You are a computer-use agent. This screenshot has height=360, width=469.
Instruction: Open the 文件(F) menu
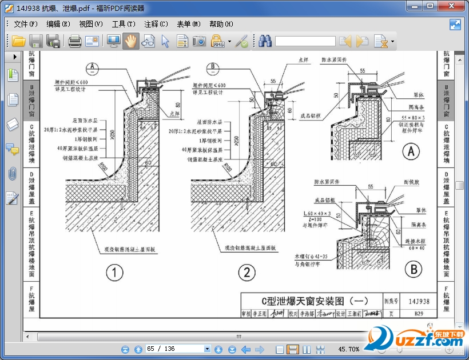tap(26, 24)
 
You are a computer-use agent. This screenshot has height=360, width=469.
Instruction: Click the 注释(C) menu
tap(156, 24)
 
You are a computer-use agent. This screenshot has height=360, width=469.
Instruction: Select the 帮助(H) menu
tap(221, 24)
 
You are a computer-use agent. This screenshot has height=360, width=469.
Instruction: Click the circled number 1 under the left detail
tap(114, 273)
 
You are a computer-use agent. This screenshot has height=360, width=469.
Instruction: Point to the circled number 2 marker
tap(247, 273)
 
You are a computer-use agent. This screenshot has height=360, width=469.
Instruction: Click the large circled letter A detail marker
tap(411, 152)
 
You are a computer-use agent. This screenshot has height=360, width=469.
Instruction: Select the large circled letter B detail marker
tap(412, 270)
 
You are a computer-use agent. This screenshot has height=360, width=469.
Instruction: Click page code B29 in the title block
tap(419, 314)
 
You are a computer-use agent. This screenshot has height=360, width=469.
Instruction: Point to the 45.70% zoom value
tap(349, 349)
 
